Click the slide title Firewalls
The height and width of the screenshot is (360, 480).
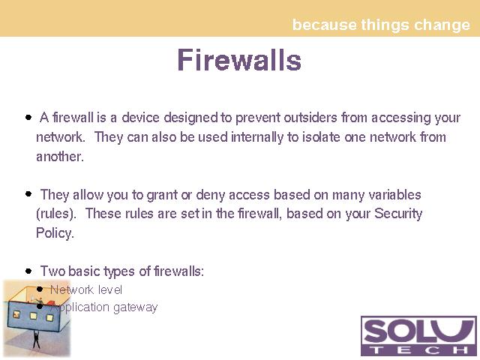239,60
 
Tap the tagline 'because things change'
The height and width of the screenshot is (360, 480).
381,25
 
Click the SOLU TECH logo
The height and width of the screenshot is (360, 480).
418,336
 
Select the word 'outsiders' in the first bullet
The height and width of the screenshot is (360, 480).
310,118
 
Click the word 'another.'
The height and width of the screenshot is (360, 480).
60,157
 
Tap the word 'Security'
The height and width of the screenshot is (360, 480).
398,214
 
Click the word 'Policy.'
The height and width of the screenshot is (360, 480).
55,233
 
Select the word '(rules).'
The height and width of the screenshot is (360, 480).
56,214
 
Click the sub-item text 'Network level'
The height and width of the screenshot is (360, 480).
86,290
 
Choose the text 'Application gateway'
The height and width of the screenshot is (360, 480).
104,307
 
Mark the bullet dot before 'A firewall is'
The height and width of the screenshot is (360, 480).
28,117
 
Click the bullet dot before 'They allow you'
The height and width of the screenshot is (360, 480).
28,193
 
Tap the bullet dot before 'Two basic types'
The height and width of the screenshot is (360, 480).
28,271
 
